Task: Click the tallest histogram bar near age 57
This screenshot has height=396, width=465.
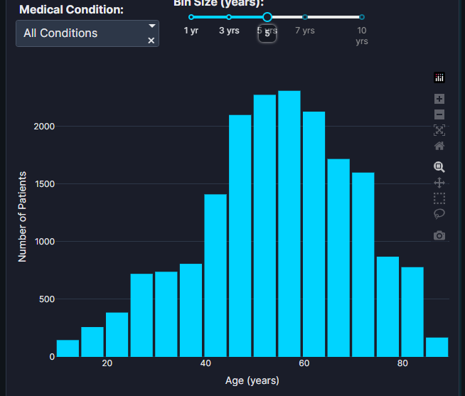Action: [x=289, y=223]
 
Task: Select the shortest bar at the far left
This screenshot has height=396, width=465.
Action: [x=68, y=348]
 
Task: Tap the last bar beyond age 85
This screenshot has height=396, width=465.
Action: [x=437, y=347]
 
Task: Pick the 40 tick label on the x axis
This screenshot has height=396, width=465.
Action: [x=205, y=364]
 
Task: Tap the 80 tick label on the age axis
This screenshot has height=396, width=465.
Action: [x=402, y=364]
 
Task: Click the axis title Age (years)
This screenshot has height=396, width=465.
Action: [x=252, y=381]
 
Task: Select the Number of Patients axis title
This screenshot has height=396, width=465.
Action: [x=23, y=217]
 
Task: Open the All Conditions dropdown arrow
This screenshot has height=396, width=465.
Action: [x=151, y=26]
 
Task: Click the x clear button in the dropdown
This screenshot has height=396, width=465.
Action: [x=151, y=41]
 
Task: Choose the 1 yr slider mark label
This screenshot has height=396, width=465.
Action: [x=191, y=31]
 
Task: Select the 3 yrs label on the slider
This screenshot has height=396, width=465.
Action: [x=229, y=31]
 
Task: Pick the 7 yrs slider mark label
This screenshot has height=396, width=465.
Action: [x=304, y=31]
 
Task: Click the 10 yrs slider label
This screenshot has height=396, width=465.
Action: [x=362, y=36]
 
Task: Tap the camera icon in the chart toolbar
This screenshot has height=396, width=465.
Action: [x=439, y=235]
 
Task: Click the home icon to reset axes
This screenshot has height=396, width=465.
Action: [x=439, y=146]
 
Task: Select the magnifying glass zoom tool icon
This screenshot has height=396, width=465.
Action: [x=439, y=167]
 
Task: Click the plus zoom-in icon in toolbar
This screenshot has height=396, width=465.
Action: [x=439, y=99]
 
